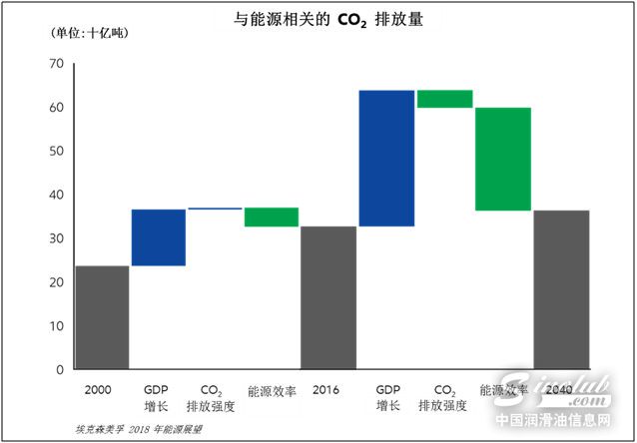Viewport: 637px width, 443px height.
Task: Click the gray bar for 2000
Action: coord(102,317)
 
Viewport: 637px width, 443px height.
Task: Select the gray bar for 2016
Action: coord(328,297)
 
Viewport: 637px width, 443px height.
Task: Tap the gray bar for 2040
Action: coord(561,289)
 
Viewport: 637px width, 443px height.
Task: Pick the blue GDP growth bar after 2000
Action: coord(159,237)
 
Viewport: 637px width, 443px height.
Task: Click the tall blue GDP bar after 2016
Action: coord(386,159)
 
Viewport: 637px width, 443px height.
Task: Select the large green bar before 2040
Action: coord(502,159)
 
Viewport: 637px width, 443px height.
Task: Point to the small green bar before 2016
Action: coord(272,218)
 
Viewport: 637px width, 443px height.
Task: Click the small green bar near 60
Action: coord(444,99)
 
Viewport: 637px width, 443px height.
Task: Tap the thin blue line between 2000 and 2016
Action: coord(215,209)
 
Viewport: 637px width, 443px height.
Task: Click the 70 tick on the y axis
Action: coord(56,64)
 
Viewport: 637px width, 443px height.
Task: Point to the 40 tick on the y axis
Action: coord(56,195)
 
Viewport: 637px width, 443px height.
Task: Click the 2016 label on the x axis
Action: coord(327,389)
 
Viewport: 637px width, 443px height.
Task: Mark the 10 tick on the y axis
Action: coord(56,326)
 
